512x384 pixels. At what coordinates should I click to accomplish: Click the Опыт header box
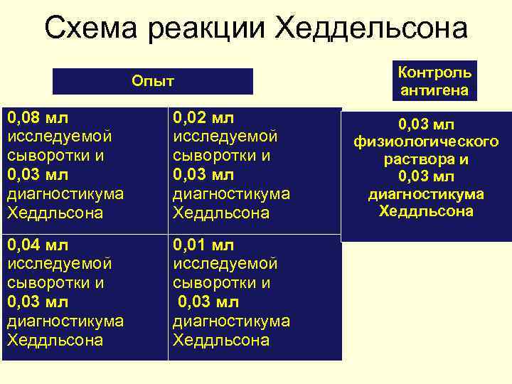(x=153, y=81)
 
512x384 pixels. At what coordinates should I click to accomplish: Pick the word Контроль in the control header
(x=434, y=73)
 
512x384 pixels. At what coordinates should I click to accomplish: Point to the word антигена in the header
(x=434, y=90)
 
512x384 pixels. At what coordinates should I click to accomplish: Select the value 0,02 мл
(x=204, y=117)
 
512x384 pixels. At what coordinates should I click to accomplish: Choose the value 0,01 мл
(x=204, y=245)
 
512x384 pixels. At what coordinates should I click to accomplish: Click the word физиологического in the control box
(x=426, y=142)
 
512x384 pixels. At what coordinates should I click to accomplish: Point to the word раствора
(x=426, y=159)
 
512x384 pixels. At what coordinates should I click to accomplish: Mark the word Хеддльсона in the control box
(x=426, y=211)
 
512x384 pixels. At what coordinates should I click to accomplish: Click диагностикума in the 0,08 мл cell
(x=65, y=193)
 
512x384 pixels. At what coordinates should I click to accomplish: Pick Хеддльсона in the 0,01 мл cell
(x=221, y=340)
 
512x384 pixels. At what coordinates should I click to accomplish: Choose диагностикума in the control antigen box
(x=426, y=194)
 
